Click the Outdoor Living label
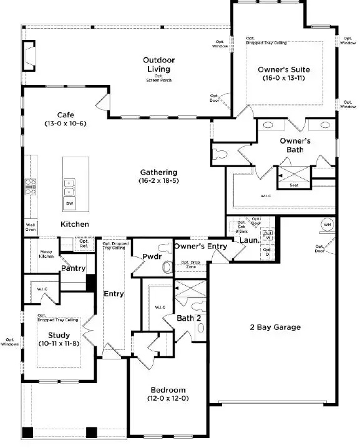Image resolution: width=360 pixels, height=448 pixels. [x=158, y=64]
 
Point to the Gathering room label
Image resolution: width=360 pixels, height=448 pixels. [x=158, y=172]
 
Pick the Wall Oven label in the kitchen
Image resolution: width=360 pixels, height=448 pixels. [x=30, y=226]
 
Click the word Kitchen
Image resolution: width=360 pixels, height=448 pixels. [x=74, y=224]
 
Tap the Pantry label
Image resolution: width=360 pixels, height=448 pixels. [x=73, y=268]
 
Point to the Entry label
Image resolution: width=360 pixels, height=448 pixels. [x=114, y=293]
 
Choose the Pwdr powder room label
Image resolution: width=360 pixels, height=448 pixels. [x=152, y=256]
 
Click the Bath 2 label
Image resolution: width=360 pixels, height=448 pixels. [x=188, y=319]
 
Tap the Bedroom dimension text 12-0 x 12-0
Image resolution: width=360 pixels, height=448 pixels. [x=168, y=397]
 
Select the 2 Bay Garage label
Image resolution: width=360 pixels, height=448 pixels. [x=275, y=327]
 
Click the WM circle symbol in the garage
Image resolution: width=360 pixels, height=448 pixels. [x=327, y=224]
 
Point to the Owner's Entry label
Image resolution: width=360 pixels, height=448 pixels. [x=200, y=246]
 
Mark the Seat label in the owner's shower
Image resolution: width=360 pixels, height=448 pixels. [x=293, y=185]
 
